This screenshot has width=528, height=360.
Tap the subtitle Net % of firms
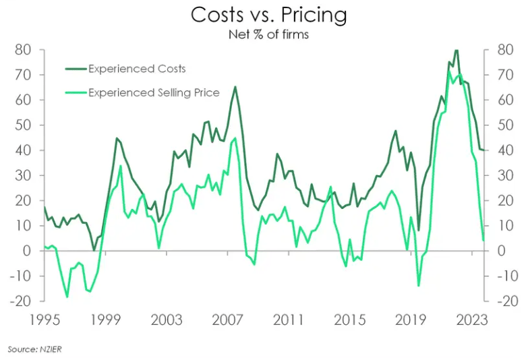pyautogui.click(x=268, y=34)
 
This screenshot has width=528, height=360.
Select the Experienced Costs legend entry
pyautogui.click(x=137, y=69)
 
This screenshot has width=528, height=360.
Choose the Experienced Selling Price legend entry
pyautogui.click(x=154, y=92)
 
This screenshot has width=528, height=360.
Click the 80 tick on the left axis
pyautogui.click(x=24, y=50)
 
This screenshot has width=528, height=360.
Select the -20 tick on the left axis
pyautogui.click(x=21, y=301)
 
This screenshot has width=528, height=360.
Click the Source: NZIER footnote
pyautogui.click(x=31, y=349)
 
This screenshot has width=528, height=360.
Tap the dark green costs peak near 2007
pyautogui.click(x=235, y=87)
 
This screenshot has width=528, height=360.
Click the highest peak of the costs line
pyautogui.click(x=457, y=50)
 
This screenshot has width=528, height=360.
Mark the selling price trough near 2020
pyautogui.click(x=418, y=286)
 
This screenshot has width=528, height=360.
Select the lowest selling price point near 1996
pyautogui.click(x=67, y=297)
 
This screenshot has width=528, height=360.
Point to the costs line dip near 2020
pyautogui.click(x=418, y=231)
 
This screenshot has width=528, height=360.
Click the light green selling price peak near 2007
pyautogui.click(x=235, y=138)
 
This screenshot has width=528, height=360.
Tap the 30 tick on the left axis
pyautogui.click(x=24, y=175)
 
